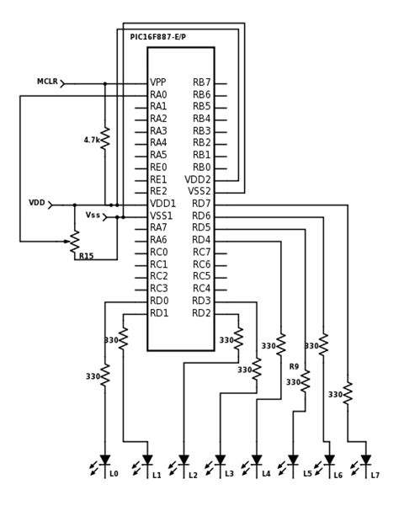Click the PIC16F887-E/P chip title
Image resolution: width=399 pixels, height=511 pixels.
(157, 37)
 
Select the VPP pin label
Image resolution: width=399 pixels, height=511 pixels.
(158, 83)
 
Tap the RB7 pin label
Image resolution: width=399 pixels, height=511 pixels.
(202, 83)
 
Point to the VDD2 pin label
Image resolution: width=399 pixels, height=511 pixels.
(198, 179)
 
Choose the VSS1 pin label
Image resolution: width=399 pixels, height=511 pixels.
(162, 216)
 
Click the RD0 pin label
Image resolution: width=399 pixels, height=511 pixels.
(159, 301)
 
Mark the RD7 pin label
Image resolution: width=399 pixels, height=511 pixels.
(201, 204)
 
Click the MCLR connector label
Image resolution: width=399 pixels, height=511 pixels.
(46, 82)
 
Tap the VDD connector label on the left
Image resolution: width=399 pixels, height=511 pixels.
(37, 203)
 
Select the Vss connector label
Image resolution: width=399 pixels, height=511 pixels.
(93, 216)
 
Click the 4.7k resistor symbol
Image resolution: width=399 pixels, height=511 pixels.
(105, 139)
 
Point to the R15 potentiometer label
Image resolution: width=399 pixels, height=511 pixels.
(86, 256)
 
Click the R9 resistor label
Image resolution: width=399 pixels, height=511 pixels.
(294, 366)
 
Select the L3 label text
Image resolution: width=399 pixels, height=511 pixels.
(229, 475)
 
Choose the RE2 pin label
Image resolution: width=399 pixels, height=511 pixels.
(158, 191)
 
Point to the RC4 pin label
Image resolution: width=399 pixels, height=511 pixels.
(201, 289)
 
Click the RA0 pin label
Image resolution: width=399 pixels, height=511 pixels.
(158, 95)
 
